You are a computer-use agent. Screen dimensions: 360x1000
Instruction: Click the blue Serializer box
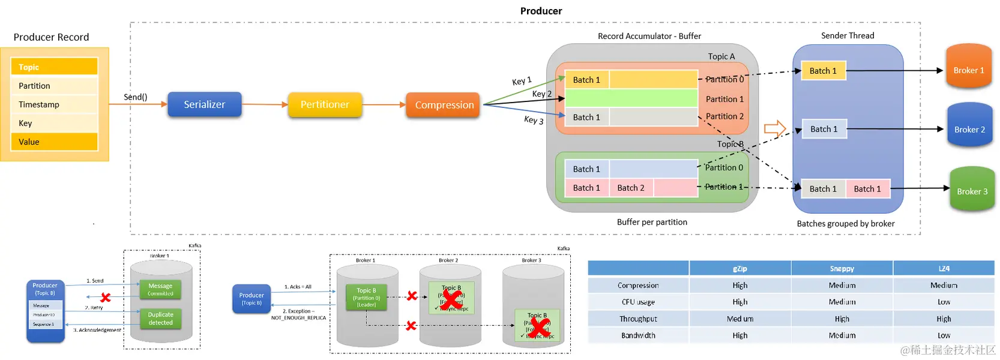tap(204, 104)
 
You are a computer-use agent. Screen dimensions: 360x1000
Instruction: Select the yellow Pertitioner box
tap(325, 104)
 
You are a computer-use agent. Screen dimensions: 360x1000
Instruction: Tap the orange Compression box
tap(444, 105)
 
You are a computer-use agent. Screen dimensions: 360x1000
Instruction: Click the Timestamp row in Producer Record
tap(54, 104)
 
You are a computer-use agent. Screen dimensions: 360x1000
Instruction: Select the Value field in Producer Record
tap(54, 142)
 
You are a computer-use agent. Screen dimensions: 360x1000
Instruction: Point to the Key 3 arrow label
tap(534, 120)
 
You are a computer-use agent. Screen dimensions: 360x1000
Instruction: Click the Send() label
tap(136, 97)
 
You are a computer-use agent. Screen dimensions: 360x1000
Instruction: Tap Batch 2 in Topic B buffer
tap(631, 188)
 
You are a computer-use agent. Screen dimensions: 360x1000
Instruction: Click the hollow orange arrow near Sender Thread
tap(775, 128)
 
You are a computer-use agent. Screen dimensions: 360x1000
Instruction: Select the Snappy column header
tap(842, 269)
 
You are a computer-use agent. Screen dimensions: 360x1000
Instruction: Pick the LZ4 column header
tap(944, 269)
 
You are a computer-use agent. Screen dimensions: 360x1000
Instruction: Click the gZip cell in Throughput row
tap(739, 319)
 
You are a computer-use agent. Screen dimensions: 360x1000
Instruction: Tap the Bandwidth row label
tap(638, 335)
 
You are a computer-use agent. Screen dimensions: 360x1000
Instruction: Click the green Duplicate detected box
tap(160, 319)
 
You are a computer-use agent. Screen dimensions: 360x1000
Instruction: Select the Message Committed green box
tap(160, 290)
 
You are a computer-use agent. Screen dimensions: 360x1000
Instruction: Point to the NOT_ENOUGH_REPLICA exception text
tap(298, 317)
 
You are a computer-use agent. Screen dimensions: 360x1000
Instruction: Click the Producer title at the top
tap(541, 11)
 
